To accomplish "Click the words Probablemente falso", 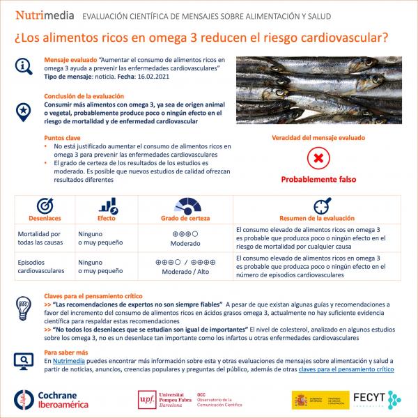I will click(x=318, y=180).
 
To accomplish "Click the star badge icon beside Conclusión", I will click(x=24, y=109).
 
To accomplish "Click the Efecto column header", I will click(x=107, y=218).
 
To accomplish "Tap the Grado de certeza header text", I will click(x=185, y=218).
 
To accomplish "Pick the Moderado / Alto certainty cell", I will click(x=185, y=272).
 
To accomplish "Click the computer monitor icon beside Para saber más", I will click(x=24, y=359).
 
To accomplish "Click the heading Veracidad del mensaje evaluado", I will click(x=318, y=138).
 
